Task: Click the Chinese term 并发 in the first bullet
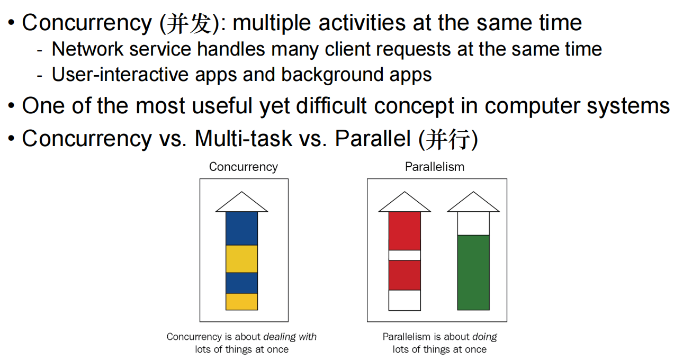190,23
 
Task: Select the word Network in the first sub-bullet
87,49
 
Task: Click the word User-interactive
120,74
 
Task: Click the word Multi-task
244,139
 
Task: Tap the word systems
628,107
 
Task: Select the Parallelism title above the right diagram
435,167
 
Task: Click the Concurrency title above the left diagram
244,167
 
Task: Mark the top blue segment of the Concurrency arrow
242,228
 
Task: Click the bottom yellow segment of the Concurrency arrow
242,302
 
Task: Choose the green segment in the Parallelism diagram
473,273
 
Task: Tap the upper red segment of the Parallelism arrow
405,231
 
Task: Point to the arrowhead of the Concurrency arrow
242,203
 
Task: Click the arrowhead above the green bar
473,203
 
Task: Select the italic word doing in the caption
484,337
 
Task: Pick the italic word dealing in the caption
280,337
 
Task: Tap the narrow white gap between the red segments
405,256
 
